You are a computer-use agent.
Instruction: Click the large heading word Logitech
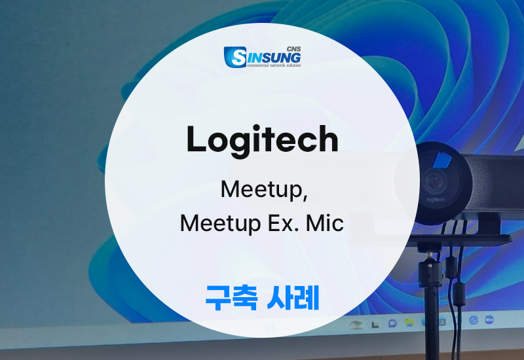click(x=263, y=139)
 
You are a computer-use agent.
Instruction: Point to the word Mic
click(x=325, y=223)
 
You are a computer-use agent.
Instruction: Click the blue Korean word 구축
click(x=231, y=298)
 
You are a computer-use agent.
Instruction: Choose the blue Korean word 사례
click(x=293, y=298)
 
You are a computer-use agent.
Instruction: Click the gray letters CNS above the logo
click(x=293, y=48)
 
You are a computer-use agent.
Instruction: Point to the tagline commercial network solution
click(x=274, y=65)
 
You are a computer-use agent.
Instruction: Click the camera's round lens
click(x=435, y=183)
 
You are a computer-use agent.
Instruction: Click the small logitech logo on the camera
click(x=436, y=200)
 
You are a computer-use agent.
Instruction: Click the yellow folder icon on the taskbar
click(x=409, y=322)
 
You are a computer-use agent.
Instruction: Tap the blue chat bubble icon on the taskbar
click(x=392, y=323)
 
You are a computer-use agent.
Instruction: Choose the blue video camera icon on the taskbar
click(x=489, y=319)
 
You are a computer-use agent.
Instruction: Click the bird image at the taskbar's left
click(x=356, y=324)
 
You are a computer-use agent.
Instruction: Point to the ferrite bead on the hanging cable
click(x=460, y=294)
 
